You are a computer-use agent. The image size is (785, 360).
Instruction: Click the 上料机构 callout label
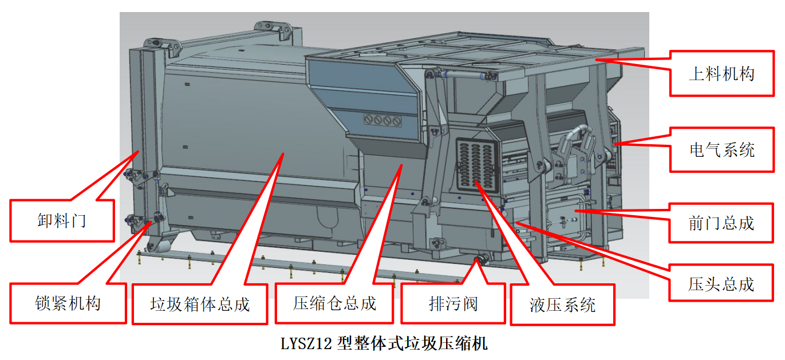[x=721, y=73]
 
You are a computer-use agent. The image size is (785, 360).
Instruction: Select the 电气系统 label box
[x=721, y=150]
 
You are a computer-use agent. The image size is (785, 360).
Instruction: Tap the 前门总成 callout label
[x=721, y=223]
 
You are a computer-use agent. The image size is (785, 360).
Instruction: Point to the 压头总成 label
[x=721, y=284]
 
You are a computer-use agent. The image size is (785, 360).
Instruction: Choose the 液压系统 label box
[x=562, y=304]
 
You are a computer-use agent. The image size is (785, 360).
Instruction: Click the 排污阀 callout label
[x=453, y=303]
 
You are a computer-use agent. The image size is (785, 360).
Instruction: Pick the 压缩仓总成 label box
[x=334, y=303]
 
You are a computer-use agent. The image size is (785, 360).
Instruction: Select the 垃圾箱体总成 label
[x=200, y=304]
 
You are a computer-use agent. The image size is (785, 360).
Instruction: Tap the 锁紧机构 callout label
[x=68, y=303]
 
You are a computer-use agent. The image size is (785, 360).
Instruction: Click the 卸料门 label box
[x=62, y=220]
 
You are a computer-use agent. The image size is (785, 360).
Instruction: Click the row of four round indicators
[x=382, y=120]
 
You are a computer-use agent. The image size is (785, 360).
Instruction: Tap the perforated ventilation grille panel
[x=477, y=165]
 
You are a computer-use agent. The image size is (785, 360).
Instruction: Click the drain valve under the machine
[x=482, y=260]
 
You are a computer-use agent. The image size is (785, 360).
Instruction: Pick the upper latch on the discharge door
[x=140, y=176]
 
